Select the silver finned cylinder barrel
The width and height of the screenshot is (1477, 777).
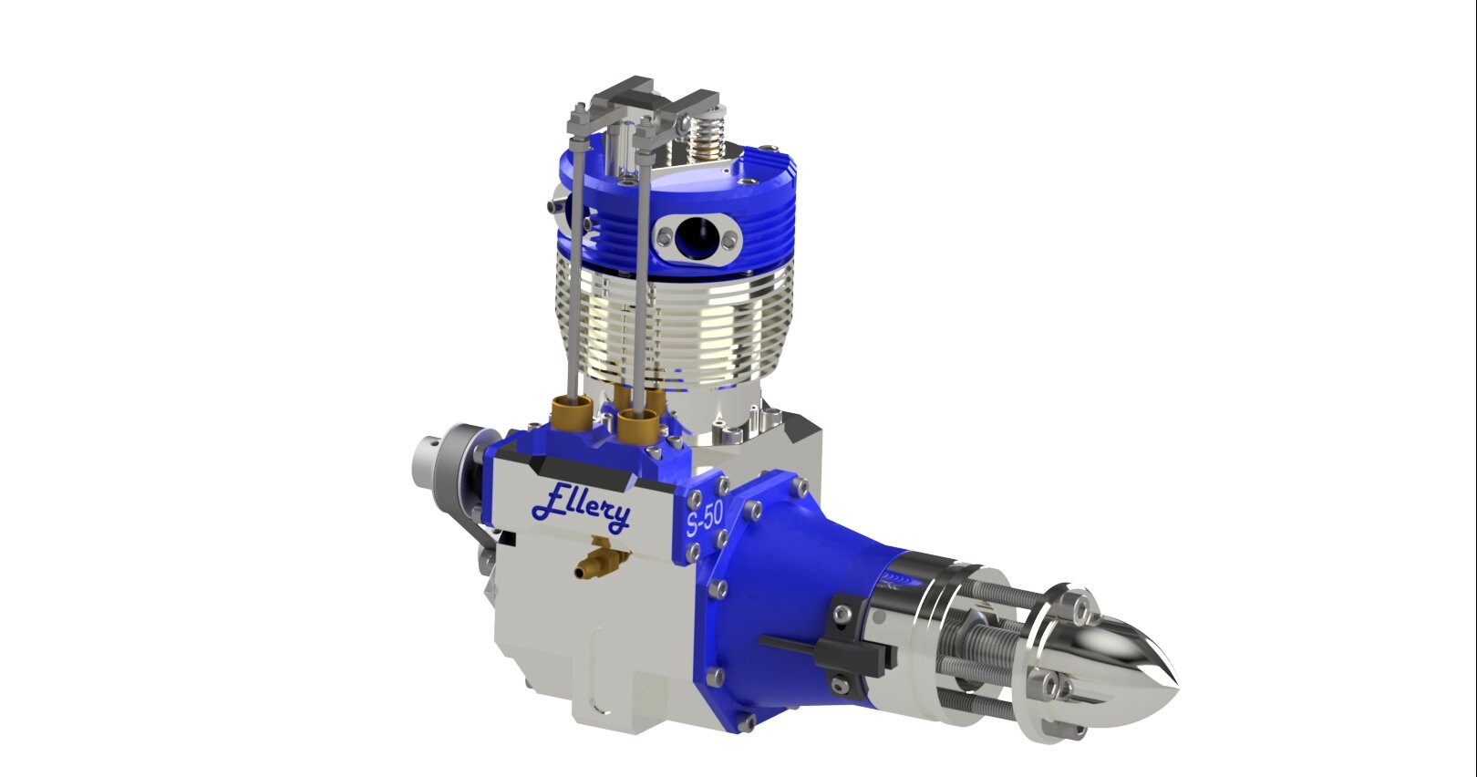[x=675, y=319]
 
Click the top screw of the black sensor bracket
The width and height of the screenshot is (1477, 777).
[x=842, y=602]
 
